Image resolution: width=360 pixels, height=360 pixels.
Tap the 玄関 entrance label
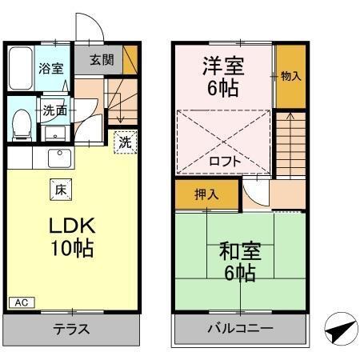tap(100, 61)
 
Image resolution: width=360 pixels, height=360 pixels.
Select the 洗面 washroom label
tap(54, 110)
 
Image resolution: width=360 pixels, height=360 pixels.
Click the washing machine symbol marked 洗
tap(125, 142)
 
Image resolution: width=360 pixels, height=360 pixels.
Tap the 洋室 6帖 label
tap(223, 77)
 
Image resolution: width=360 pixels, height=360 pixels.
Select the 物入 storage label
tap(290, 77)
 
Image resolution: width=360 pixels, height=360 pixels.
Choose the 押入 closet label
tap(207, 194)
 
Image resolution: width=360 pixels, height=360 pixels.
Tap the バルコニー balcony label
tap(241, 329)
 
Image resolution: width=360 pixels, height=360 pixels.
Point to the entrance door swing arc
tap(90, 30)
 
